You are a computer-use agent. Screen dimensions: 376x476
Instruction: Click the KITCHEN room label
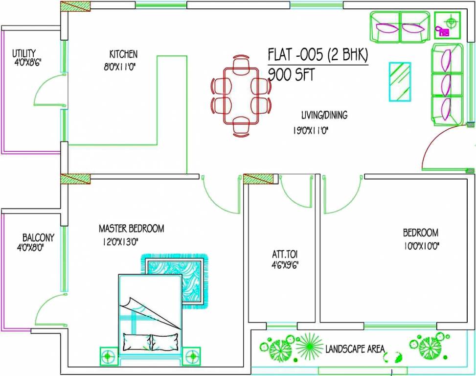coord(123,54)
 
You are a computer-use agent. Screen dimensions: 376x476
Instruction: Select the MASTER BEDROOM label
coord(131,228)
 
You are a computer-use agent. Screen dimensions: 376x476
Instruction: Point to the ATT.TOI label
coord(285,255)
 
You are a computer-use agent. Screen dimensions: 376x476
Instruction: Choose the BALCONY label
coord(38,237)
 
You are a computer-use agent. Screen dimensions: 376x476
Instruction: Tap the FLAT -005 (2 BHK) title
coord(317,55)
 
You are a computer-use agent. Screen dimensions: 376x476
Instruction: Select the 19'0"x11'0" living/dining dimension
coord(313,131)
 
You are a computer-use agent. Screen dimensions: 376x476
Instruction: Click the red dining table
coord(240,96)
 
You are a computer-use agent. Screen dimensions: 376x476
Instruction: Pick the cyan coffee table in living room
coord(400,82)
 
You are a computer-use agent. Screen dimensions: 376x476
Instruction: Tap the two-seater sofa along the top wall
coord(400,27)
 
